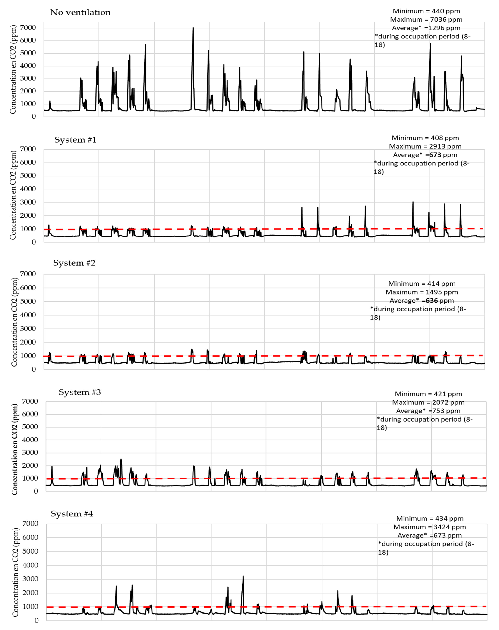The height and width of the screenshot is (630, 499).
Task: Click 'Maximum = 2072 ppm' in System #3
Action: click(428, 402)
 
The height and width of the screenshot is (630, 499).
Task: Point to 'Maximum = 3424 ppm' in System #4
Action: click(430, 527)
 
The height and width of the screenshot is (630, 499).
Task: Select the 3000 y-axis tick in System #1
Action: click(28, 202)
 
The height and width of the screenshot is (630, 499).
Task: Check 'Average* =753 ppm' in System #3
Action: click(428, 411)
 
